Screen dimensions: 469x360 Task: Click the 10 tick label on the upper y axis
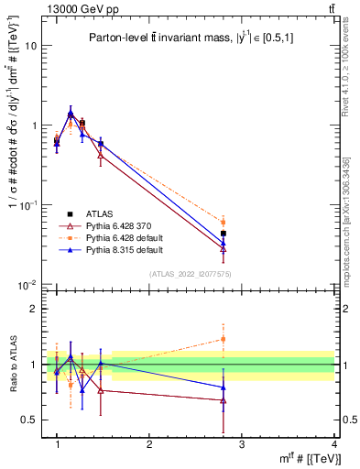tap(30, 46)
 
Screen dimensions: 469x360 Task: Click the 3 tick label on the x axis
tap(241, 444)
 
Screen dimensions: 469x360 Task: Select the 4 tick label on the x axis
tap(333, 444)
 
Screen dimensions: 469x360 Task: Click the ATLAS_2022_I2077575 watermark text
tap(190, 274)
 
